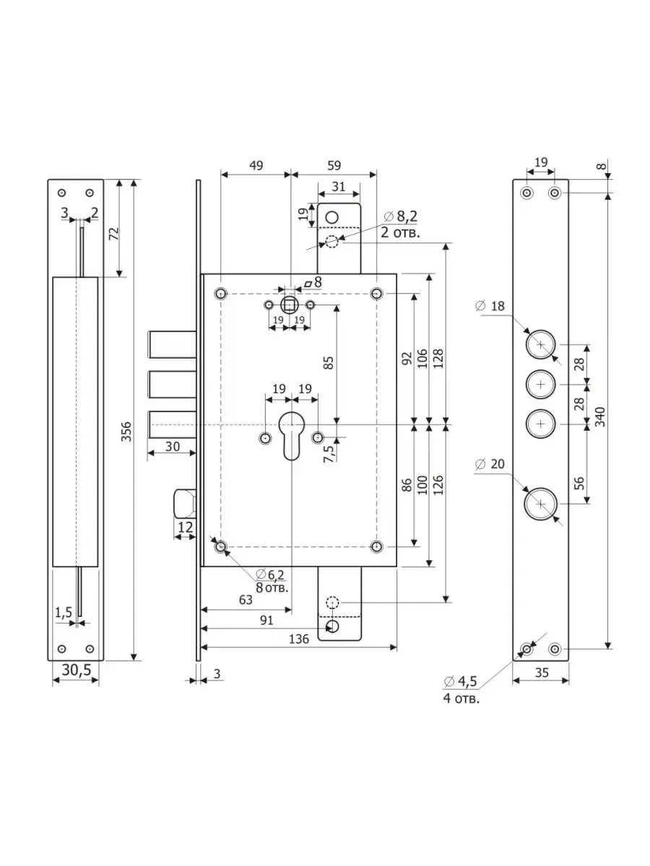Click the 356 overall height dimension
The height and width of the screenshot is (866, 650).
pyautogui.click(x=126, y=432)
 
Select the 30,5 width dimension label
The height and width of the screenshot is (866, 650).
pyautogui.click(x=77, y=670)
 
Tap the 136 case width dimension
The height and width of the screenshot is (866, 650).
pyautogui.click(x=299, y=639)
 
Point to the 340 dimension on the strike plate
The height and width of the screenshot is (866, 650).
pyautogui.click(x=599, y=416)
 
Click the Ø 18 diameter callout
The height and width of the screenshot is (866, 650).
pyautogui.click(x=490, y=306)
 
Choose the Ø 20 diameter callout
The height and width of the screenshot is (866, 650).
pyautogui.click(x=490, y=464)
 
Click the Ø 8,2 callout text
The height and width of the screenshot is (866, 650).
pyautogui.click(x=401, y=216)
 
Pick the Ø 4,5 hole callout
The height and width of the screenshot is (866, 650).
pyautogui.click(x=461, y=681)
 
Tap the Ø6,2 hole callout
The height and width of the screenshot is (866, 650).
pyautogui.click(x=270, y=575)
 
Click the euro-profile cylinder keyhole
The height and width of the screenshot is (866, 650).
pyautogui.click(x=291, y=436)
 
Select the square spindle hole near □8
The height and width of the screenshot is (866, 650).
pyautogui.click(x=290, y=305)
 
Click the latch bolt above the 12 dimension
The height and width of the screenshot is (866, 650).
pyautogui.click(x=185, y=503)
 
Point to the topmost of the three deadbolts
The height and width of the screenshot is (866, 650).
pyautogui.click(x=172, y=344)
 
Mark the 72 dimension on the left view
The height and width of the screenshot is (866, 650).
pyautogui.click(x=114, y=234)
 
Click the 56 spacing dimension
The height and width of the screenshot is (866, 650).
pyautogui.click(x=579, y=483)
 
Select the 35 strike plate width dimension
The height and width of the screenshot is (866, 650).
pyautogui.click(x=542, y=673)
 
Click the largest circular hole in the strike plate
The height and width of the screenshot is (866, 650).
pyautogui.click(x=541, y=504)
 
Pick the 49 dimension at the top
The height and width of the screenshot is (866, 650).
pyautogui.click(x=256, y=165)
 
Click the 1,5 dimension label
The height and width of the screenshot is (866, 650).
pyautogui.click(x=64, y=612)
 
